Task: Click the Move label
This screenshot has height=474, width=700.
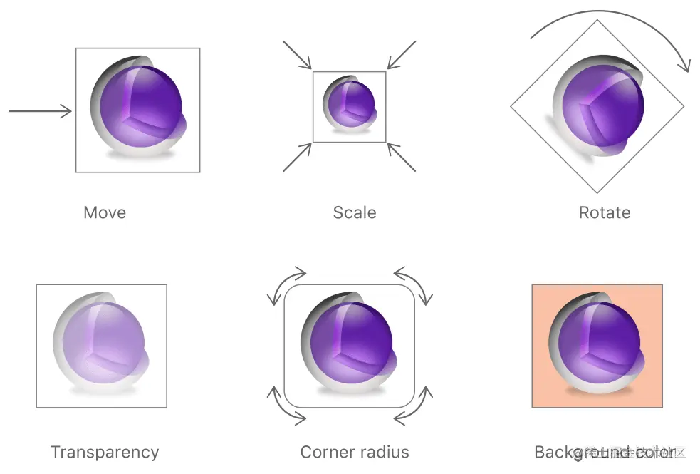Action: click(x=105, y=212)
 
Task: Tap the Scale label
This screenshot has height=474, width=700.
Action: click(x=355, y=212)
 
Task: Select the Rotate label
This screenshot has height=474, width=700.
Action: click(x=605, y=212)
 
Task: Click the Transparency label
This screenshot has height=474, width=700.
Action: click(x=105, y=452)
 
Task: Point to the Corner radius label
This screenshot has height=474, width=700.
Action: click(x=355, y=452)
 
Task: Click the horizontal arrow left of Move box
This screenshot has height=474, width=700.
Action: click(x=40, y=111)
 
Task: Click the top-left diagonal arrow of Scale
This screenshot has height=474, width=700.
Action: click(x=297, y=55)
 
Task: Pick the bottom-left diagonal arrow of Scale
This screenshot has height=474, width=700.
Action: click(x=297, y=158)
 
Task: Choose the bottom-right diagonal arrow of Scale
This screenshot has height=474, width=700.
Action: click(x=402, y=158)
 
